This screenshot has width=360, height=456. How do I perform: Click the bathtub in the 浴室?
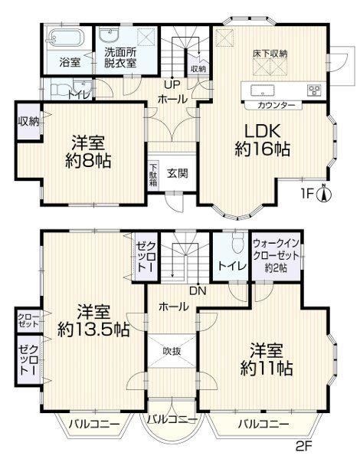(x=66, y=38)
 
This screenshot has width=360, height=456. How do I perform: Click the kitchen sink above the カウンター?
(x=262, y=90)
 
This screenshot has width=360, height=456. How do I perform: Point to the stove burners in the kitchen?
(x=315, y=90)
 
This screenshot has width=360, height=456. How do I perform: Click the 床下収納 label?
(x=270, y=54)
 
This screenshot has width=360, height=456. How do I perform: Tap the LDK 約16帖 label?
(x=262, y=140)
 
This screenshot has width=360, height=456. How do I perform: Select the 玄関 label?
(x=177, y=173)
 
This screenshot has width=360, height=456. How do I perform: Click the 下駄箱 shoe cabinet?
(x=153, y=176)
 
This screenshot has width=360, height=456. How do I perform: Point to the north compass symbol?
(x=324, y=193)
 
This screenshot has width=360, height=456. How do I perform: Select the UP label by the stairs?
(x=172, y=84)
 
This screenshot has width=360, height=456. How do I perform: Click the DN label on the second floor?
(x=198, y=290)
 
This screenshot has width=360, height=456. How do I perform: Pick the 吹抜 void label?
(x=172, y=351)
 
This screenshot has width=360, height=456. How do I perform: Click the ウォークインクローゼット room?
(x=276, y=256)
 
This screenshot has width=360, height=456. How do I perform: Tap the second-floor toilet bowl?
(x=237, y=244)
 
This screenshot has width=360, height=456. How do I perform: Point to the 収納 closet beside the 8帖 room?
(x=29, y=121)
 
